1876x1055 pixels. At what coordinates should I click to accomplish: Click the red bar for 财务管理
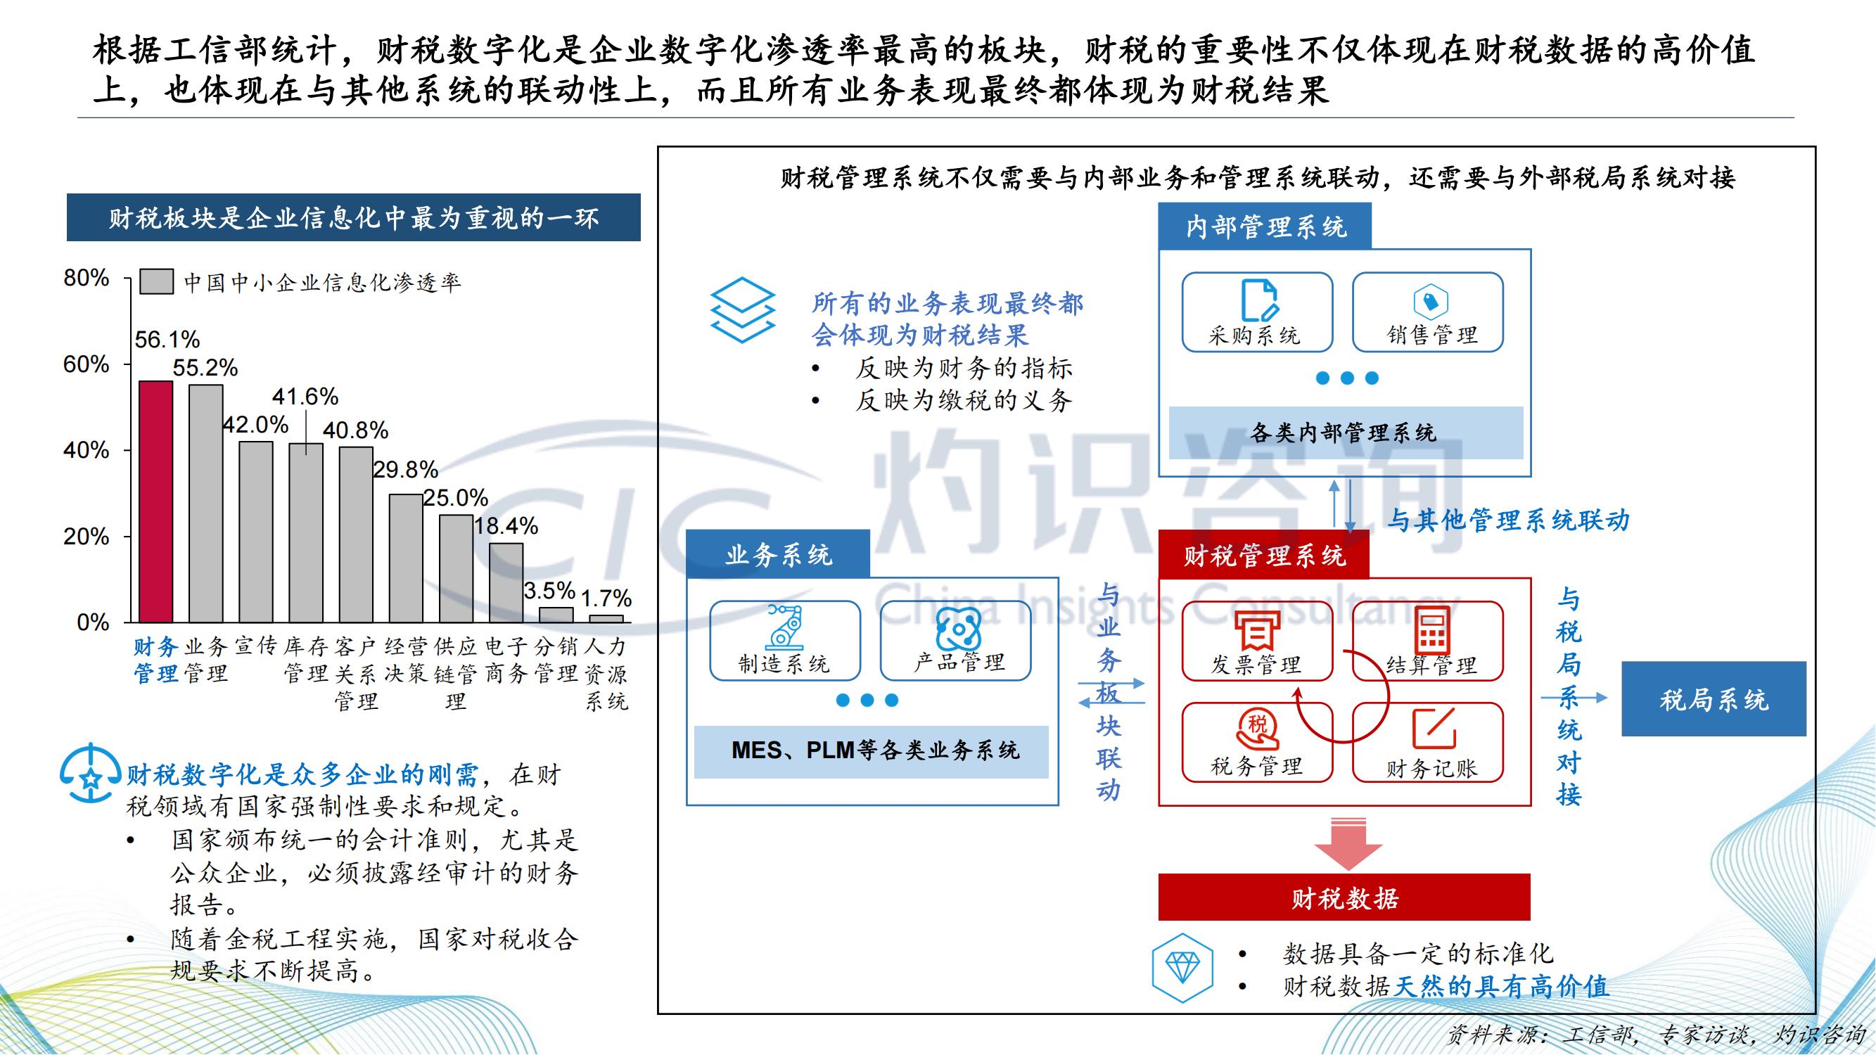click(x=156, y=501)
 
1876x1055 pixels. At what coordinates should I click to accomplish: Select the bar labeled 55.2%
click(x=206, y=504)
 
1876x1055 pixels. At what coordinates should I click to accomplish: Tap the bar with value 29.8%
click(x=406, y=558)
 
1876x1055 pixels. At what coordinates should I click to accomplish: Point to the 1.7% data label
click(x=606, y=599)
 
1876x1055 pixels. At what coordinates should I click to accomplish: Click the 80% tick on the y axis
click(x=86, y=277)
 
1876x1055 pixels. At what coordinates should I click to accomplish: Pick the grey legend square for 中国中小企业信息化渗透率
click(x=157, y=282)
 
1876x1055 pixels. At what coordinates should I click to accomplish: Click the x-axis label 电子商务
click(x=506, y=660)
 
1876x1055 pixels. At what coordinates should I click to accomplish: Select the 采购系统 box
click(x=1257, y=312)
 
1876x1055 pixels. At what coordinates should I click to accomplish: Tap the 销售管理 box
click(x=1428, y=312)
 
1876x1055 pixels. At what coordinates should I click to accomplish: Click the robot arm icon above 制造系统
click(x=785, y=627)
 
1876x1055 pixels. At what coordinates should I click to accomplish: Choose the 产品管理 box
click(x=955, y=641)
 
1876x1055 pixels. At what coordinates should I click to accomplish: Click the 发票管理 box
click(x=1257, y=641)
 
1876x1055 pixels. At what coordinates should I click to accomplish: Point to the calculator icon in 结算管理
click(x=1431, y=630)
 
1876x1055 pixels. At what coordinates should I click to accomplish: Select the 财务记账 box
click(x=1428, y=743)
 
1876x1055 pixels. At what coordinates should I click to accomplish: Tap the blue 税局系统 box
click(x=1714, y=699)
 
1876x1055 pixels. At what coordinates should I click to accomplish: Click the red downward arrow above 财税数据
click(x=1348, y=844)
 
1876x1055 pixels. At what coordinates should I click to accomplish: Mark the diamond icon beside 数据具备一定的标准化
click(x=1182, y=968)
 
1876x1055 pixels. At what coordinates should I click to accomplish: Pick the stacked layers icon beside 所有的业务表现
click(x=742, y=310)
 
